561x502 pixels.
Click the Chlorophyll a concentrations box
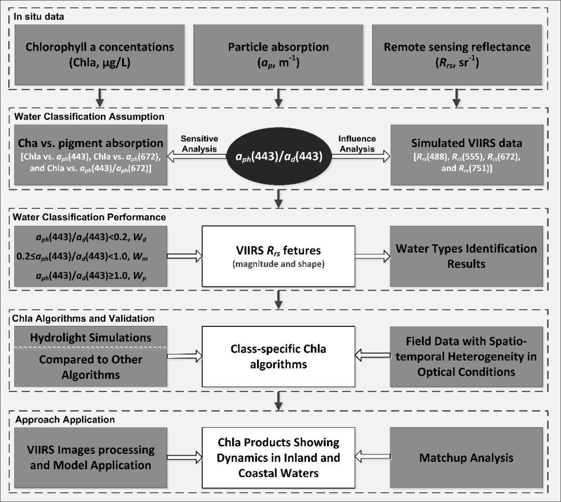[100, 54]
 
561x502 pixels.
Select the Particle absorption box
[278, 54]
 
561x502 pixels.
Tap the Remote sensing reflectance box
[457, 54]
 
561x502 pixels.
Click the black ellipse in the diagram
[279, 155]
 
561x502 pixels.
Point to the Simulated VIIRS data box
[457, 155]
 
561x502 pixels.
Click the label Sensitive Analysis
[199, 143]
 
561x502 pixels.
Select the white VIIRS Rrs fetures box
[279, 256]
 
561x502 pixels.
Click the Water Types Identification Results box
[466, 256]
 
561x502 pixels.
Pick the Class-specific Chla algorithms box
[279, 357]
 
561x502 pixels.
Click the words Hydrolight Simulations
[90, 337]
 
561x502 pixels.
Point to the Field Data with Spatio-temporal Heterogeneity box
[466, 357]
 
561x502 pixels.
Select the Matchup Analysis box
[466, 458]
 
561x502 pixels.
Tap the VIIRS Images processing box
[90, 458]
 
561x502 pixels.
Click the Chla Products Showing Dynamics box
[279, 458]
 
